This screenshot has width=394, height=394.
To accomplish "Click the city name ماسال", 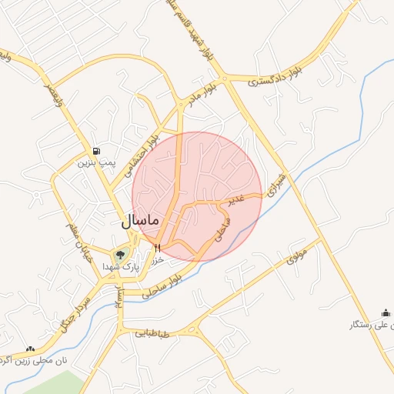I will point(139,220).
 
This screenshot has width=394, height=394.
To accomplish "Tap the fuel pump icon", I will point(95,151).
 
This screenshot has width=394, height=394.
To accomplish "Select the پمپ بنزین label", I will point(95,163).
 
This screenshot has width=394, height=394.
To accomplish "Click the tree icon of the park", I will point(119,255).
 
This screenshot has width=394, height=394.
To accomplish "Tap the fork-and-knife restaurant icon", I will point(158,248).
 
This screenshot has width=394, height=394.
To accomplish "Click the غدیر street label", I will point(234,199).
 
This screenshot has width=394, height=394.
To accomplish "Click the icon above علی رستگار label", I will point(386,312).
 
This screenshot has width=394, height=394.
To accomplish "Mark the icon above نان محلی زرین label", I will point(30,349).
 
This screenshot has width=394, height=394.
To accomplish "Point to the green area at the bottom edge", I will point(62,384).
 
